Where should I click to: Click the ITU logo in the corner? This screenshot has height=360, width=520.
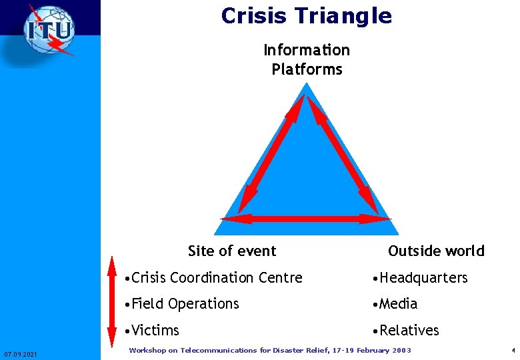pyautogui.click(x=49, y=31)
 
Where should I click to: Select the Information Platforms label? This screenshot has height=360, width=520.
pyautogui.click(x=307, y=59)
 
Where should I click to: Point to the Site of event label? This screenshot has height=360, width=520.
pyautogui.click(x=232, y=251)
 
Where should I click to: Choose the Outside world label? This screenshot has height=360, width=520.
pyautogui.click(x=436, y=251)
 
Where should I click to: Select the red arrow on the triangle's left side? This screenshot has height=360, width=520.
pyautogui.click(x=271, y=153)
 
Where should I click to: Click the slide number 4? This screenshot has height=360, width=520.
pyautogui.click(x=513, y=351)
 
